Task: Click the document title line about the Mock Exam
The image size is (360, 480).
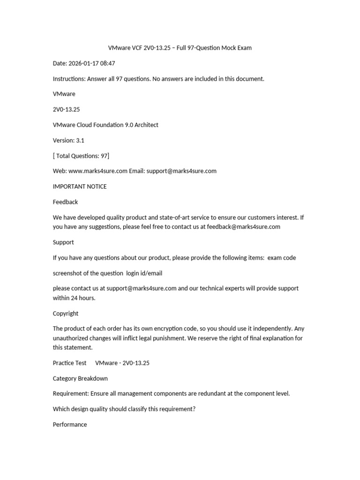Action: coord(180,48)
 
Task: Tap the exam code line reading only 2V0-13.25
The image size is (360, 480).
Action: coord(64,109)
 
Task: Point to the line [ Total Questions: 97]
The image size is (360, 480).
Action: coord(81,156)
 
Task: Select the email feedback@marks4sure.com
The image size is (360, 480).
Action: coord(243,227)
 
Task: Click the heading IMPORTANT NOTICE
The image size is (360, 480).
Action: coord(80,187)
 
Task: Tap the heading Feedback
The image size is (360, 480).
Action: coord(65,202)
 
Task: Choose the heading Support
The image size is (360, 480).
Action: coord(63,242)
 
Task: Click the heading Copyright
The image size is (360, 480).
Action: coord(66,313)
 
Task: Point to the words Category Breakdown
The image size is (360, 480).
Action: coord(80,378)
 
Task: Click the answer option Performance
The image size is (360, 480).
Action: coord(70,425)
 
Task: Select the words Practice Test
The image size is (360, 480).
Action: coord(69,363)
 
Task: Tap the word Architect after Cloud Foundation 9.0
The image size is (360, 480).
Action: coord(145,125)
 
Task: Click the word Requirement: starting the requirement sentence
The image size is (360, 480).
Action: coord(70,394)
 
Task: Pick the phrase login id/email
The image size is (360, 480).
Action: coord(144,273)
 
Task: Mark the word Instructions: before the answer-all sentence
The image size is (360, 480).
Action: coord(69,79)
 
